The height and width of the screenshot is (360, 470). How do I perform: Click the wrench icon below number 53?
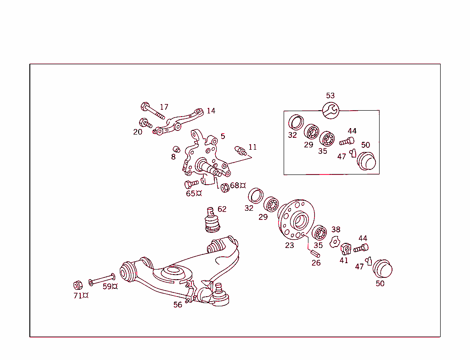(x=330, y=110)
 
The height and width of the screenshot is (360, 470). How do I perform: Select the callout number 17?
(x=164, y=107)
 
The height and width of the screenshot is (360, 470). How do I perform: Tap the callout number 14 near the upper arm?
(x=211, y=111)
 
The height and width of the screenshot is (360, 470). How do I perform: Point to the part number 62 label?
(x=222, y=209)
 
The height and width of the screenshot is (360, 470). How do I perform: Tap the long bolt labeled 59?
(x=101, y=278)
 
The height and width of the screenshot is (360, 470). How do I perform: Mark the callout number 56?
(x=178, y=304)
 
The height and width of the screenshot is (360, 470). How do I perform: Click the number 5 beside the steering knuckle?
(x=223, y=136)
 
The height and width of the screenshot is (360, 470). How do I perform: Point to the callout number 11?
(x=252, y=147)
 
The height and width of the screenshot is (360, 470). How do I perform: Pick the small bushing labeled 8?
(x=176, y=149)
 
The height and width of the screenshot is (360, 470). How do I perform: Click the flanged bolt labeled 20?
(x=145, y=123)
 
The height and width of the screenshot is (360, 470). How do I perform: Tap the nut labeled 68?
(x=224, y=188)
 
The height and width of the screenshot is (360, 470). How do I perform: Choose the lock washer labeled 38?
(x=334, y=242)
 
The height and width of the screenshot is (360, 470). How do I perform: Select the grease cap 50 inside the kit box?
(x=367, y=162)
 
